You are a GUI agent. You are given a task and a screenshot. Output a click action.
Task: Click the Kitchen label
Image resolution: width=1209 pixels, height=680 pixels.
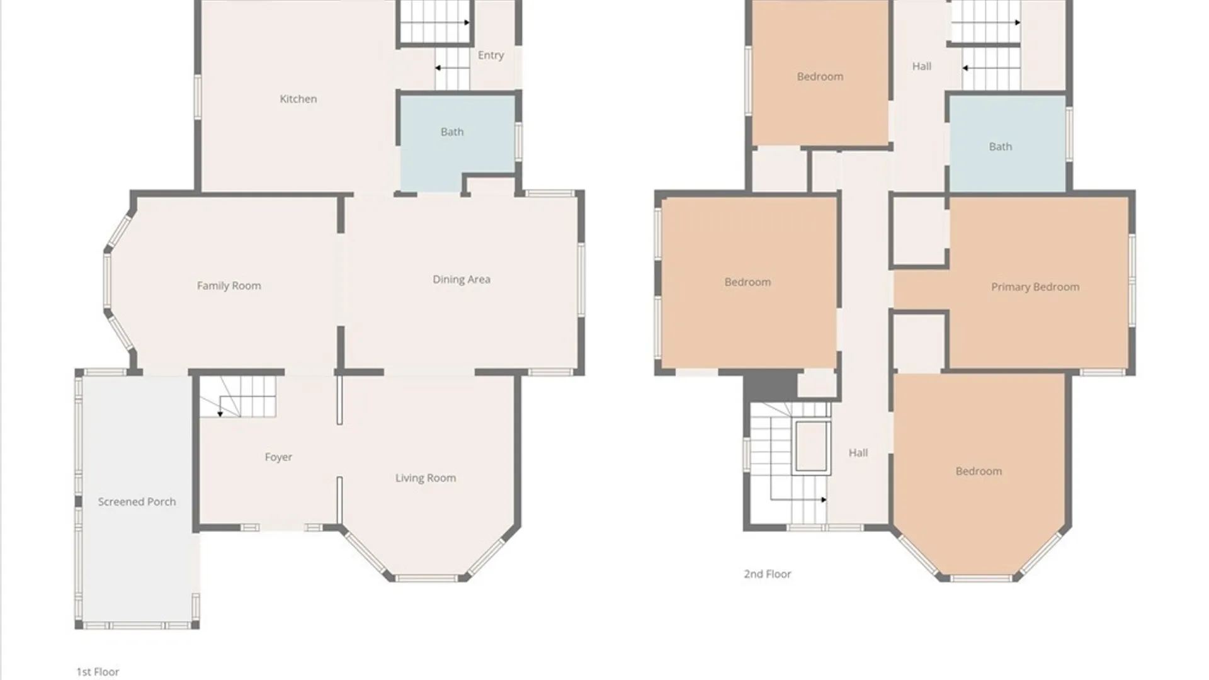pyautogui.click(x=298, y=99)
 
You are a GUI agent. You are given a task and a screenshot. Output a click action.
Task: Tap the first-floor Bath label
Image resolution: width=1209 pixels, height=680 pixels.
pyautogui.click(x=452, y=132)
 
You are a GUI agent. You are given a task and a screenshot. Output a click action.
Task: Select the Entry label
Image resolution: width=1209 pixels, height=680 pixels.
pyautogui.click(x=491, y=55)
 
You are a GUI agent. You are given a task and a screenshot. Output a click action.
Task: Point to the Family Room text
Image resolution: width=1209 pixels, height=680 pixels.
pyautogui.click(x=229, y=286)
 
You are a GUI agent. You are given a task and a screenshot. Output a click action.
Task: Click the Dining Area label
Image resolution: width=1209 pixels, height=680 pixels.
pyautogui.click(x=461, y=280)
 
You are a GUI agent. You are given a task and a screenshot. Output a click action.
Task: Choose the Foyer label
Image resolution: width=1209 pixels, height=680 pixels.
pyautogui.click(x=278, y=457)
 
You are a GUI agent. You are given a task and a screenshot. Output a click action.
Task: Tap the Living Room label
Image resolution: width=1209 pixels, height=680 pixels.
pyautogui.click(x=426, y=478)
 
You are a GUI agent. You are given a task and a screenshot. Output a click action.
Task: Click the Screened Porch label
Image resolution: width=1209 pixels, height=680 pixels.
pyautogui.click(x=137, y=502)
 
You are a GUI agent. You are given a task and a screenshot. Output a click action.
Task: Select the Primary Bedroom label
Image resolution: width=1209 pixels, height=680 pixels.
pyautogui.click(x=1035, y=287)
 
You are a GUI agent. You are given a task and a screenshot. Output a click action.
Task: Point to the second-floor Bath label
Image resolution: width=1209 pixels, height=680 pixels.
pyautogui.click(x=1000, y=147)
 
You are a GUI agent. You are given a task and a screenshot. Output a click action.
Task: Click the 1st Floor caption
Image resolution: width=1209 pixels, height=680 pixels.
pyautogui.click(x=98, y=672)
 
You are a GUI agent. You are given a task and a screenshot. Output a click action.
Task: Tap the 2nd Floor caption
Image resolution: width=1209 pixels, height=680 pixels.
pyautogui.click(x=768, y=574)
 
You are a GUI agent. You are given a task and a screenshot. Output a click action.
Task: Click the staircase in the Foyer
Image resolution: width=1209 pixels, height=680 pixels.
pyautogui.click(x=238, y=397)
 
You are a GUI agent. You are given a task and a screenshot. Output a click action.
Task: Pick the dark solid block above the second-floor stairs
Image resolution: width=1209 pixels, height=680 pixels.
pyautogui.click(x=771, y=385)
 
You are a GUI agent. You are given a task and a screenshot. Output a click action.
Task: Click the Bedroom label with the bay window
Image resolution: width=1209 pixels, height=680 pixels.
pyautogui.click(x=979, y=471)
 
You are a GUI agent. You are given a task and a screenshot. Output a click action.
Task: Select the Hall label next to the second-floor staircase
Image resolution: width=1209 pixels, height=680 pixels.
pyautogui.click(x=858, y=453)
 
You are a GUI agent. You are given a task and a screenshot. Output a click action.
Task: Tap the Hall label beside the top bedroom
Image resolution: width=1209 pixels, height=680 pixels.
pyautogui.click(x=921, y=66)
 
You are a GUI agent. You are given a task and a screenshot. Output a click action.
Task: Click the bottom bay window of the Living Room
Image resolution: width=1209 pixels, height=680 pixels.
pyautogui.click(x=427, y=578)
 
